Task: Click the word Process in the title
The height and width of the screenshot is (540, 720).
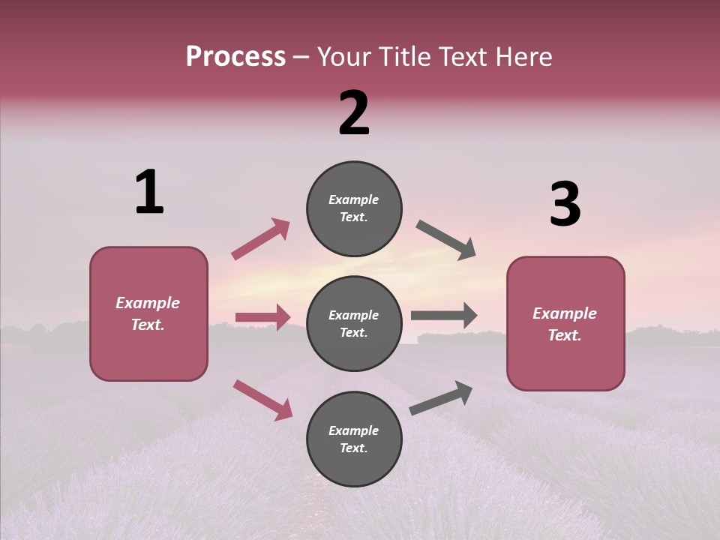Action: pos(235,57)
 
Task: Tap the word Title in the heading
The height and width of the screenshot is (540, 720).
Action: pos(404,57)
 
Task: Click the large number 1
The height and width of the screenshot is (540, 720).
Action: pos(149,193)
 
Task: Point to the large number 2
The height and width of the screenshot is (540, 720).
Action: pos(354,114)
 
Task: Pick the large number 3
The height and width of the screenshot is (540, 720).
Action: pos(565,205)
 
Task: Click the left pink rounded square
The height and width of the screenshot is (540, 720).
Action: pos(148,313)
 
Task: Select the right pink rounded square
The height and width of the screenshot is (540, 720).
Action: pos(565,323)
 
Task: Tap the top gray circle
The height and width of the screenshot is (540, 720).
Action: pos(354,208)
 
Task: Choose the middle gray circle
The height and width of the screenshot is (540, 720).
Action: pos(354,323)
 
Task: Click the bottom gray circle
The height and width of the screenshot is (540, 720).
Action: pos(354,439)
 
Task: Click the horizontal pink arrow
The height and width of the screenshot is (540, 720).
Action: pos(262,317)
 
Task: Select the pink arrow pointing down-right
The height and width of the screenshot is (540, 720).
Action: pos(262,399)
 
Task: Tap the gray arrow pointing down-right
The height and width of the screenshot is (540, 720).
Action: pos(445,240)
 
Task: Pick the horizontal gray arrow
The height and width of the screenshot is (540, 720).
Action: pos(444,316)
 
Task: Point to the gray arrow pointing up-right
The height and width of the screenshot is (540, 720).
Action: pos(441,397)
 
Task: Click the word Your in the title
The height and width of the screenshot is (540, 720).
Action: pos(344,57)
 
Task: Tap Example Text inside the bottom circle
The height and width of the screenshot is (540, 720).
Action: pos(354,439)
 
